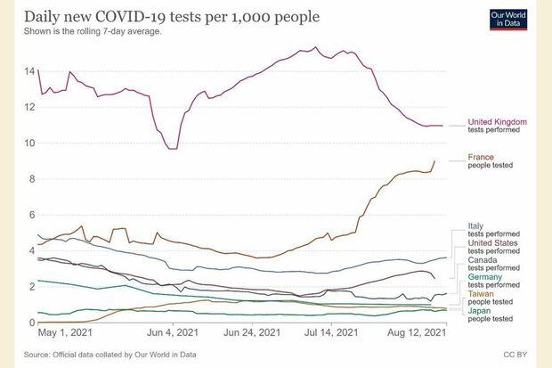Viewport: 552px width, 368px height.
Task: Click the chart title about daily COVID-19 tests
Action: coord(160,19)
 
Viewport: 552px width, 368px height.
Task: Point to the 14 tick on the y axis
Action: coord(30,71)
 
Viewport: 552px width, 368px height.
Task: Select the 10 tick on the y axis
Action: coord(30,143)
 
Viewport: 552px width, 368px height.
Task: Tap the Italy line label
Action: coord(476,225)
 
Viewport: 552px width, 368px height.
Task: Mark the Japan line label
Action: coord(479,310)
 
